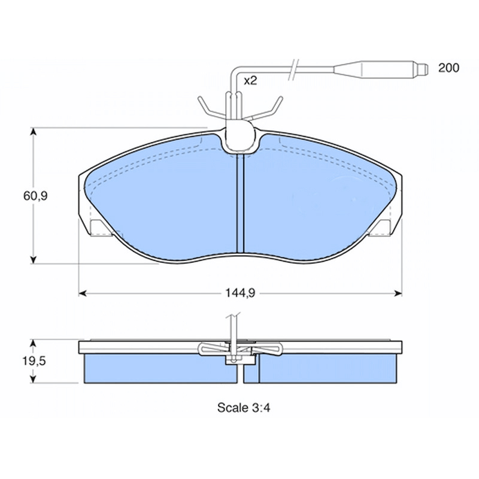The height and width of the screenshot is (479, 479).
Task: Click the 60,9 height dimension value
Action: (35, 196)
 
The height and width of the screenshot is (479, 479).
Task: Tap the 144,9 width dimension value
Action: (240, 293)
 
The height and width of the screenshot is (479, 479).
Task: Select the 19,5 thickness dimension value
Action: (34, 361)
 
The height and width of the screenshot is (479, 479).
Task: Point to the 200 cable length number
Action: (448, 68)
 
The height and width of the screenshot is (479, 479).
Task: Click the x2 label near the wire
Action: (250, 81)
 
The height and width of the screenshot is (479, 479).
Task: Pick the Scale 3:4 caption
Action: (244, 408)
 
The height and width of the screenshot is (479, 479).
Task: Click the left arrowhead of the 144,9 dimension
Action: (82, 293)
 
